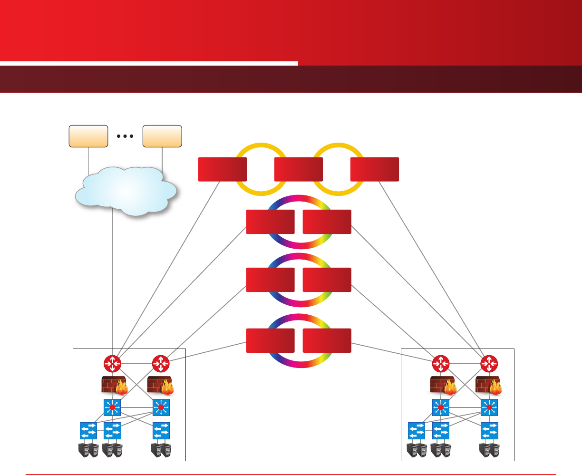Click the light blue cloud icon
click(x=126, y=191)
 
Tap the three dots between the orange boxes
click(x=125, y=136)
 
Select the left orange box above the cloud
click(x=88, y=136)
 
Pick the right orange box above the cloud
click(x=162, y=136)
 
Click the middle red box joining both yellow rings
click(x=299, y=169)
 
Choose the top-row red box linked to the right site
click(x=374, y=169)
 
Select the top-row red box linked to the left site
click(x=222, y=169)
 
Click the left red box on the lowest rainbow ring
click(x=270, y=340)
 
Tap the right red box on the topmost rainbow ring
click(x=327, y=222)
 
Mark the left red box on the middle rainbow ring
click(x=270, y=280)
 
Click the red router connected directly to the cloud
click(x=113, y=364)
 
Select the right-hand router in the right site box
click(x=489, y=364)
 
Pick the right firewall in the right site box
click(x=489, y=385)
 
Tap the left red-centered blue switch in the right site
click(x=441, y=407)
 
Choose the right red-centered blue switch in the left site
click(x=161, y=407)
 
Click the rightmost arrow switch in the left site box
click(x=161, y=430)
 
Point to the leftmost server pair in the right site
click(x=417, y=450)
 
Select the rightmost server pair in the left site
click(x=161, y=450)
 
